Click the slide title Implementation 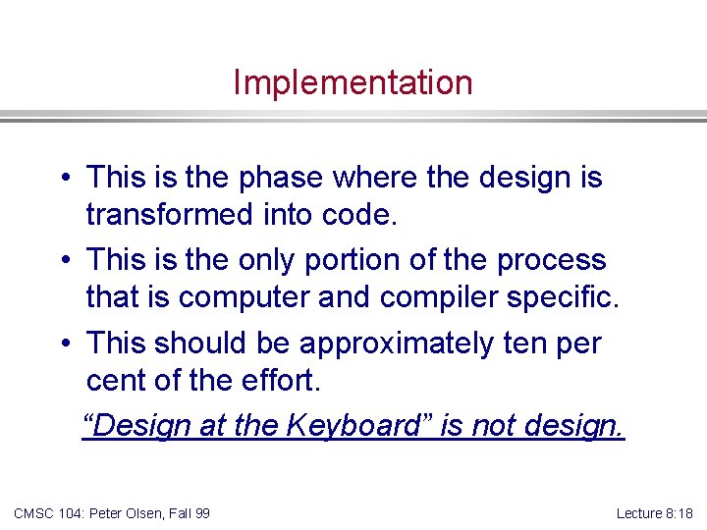point(353,82)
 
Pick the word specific point(571,297)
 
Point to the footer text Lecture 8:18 point(654,512)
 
